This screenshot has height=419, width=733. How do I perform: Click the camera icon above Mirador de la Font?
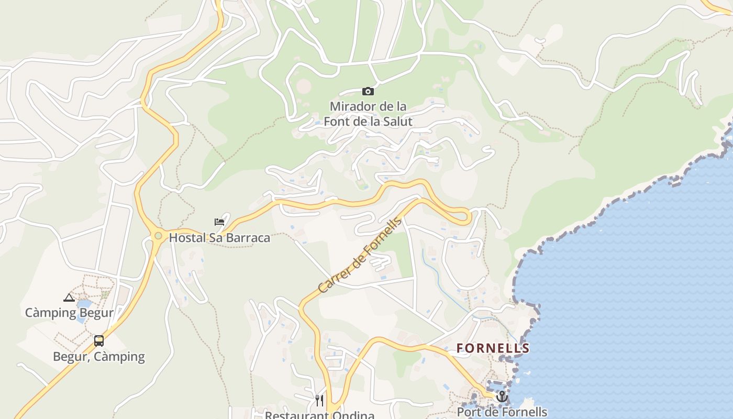tap(368, 92)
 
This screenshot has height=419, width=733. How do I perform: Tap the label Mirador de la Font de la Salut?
tap(368, 114)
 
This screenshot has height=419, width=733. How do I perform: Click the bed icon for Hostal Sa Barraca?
tap(219, 222)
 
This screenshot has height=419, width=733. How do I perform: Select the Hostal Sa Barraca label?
tap(219, 238)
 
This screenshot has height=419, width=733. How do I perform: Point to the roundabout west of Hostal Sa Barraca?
tap(158, 236)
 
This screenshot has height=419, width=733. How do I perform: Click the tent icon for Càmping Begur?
tap(69, 298)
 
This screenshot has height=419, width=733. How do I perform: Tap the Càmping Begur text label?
tap(69, 313)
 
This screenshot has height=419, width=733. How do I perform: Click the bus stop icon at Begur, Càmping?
tap(99, 341)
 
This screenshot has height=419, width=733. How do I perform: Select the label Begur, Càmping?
tap(99, 357)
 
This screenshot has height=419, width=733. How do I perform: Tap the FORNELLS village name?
tap(493, 348)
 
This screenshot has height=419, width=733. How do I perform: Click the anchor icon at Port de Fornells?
tap(502, 396)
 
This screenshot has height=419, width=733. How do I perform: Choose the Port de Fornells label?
tap(502, 412)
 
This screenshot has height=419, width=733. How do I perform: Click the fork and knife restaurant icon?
tap(319, 401)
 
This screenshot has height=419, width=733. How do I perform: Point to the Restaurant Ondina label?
tap(319, 415)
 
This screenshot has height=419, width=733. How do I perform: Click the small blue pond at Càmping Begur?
tap(84, 304)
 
